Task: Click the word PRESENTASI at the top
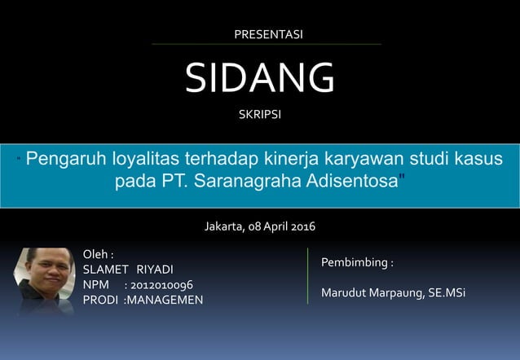tap(268, 34)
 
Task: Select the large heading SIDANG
tap(259, 77)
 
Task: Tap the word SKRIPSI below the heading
tap(259, 115)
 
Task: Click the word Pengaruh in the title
tap(66, 157)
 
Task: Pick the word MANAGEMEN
tap(170, 300)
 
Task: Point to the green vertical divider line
tap(307, 275)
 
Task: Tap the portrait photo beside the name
tap(45, 280)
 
